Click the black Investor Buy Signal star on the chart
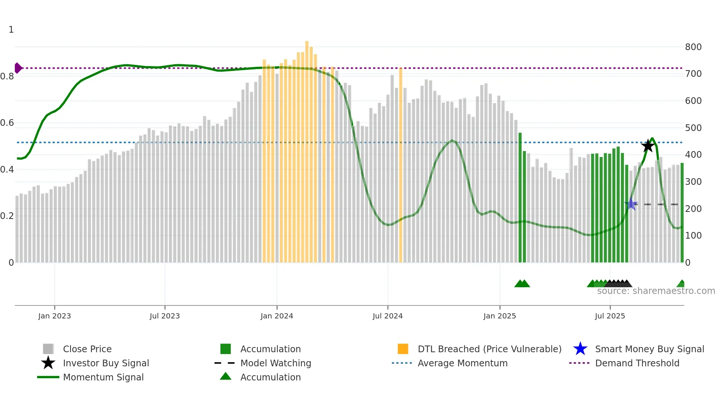pyautogui.click(x=648, y=146)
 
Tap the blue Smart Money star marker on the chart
pyautogui.click(x=631, y=204)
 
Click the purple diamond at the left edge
pyautogui.click(x=18, y=68)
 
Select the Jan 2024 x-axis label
pyautogui.click(x=277, y=316)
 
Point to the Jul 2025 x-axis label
pyautogui.click(x=610, y=316)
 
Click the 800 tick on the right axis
pyautogui.click(x=693, y=47)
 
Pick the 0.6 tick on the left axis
pyautogui.click(x=7, y=123)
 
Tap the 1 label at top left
pyautogui.click(x=11, y=30)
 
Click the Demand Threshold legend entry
pyautogui.click(x=637, y=363)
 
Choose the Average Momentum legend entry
pyautogui.click(x=462, y=363)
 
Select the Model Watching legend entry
pyautogui.click(x=275, y=363)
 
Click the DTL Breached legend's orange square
pyautogui.click(x=403, y=349)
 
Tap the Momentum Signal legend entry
pyautogui.click(x=103, y=377)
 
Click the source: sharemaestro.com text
pyautogui.click(x=656, y=291)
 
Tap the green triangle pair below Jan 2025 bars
pyautogui.click(x=522, y=284)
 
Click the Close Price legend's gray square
pyautogui.click(x=48, y=349)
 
